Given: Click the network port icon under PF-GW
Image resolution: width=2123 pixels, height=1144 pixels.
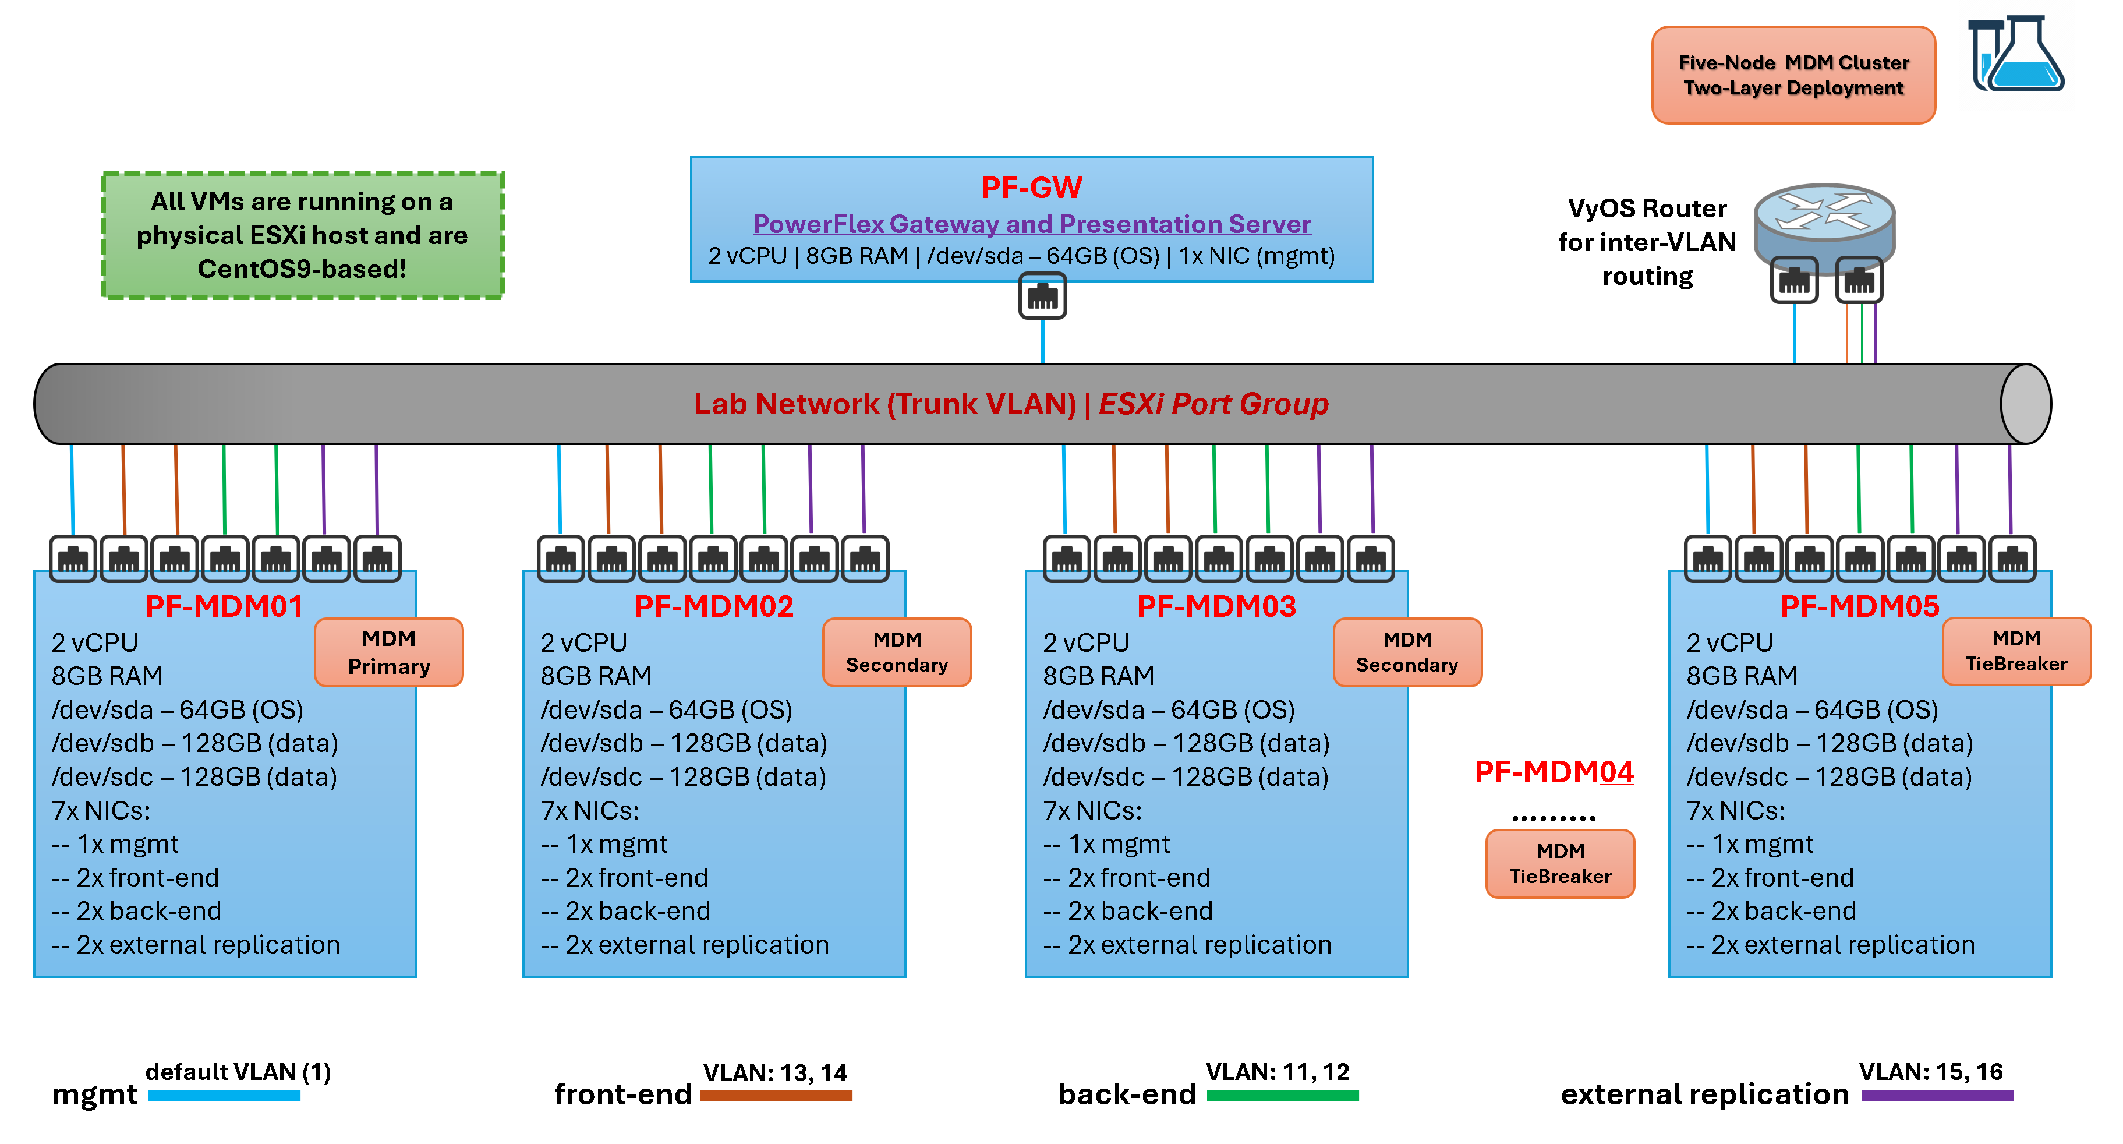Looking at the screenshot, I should (1042, 296).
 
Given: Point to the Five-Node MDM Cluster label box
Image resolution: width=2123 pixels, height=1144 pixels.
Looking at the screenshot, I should (1793, 75).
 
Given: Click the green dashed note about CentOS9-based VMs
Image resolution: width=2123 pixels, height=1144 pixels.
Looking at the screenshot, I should (302, 235).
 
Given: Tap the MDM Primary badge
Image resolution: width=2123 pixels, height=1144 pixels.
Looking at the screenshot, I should (389, 652).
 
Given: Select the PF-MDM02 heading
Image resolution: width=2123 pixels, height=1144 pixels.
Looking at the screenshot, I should (714, 606).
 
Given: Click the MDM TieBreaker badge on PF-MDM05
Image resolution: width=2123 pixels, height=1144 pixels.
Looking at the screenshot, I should (2016, 651).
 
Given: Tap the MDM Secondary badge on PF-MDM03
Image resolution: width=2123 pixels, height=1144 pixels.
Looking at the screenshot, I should (1407, 652).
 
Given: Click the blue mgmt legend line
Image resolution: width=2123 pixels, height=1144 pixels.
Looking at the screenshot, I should (224, 1096).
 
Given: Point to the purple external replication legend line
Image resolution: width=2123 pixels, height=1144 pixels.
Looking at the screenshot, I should (1937, 1096).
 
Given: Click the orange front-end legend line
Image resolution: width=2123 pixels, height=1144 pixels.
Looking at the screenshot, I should (776, 1096).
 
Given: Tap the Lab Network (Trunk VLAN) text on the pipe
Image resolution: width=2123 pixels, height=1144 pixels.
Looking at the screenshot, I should (884, 404).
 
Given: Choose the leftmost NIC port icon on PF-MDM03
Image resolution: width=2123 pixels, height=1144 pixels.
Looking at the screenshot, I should (1066, 559).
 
